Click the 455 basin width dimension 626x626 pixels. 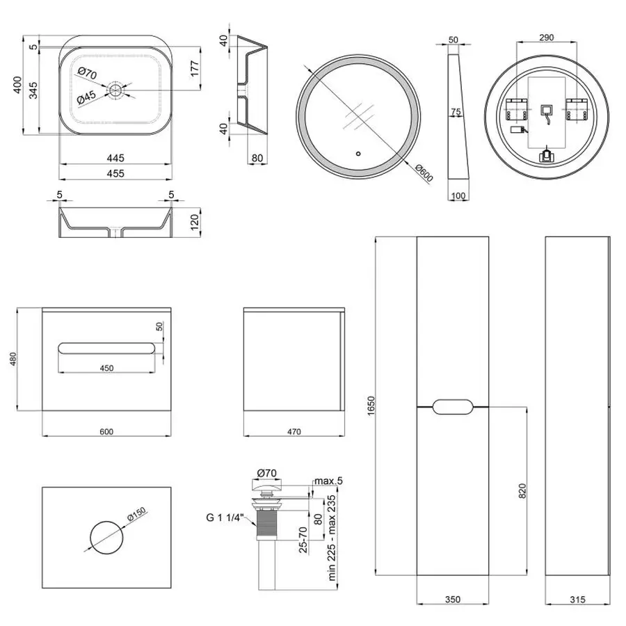click(115, 174)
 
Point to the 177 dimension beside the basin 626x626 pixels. click(196, 68)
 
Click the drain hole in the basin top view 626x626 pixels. click(115, 90)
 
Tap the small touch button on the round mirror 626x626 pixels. click(358, 154)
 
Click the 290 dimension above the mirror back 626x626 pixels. click(546, 38)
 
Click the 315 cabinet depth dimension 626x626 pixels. click(577, 599)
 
